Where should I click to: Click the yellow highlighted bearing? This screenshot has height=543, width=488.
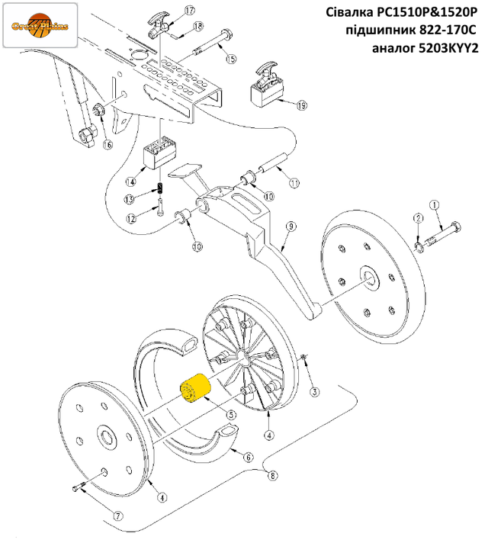pos(195,388)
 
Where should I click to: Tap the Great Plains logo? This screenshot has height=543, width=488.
pos(40,25)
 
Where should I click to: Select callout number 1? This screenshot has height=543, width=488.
pos(434,205)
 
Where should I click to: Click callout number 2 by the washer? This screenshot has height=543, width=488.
pos(419,219)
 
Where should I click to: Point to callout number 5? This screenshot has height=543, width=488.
pos(230,415)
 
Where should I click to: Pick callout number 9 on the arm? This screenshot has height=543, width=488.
pos(291,227)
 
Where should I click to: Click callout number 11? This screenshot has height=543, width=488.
pos(294,183)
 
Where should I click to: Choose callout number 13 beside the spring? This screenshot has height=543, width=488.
pos(129,199)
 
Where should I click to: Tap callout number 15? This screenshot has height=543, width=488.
pos(231,59)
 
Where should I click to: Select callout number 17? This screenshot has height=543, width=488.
pos(190,11)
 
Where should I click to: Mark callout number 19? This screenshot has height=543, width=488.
pos(302,105)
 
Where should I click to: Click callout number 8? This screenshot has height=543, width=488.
pos(272,475)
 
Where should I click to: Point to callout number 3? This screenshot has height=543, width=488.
pos(314,392)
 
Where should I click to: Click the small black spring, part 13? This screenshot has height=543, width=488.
pos(160,188)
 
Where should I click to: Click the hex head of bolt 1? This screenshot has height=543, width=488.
pos(456,227)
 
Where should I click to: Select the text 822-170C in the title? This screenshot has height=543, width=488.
pos(448,31)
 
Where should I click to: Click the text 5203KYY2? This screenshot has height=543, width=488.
pos(448,48)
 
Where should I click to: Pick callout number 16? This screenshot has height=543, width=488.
pos(108,145)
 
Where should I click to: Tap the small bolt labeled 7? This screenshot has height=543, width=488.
pos(79,487)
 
